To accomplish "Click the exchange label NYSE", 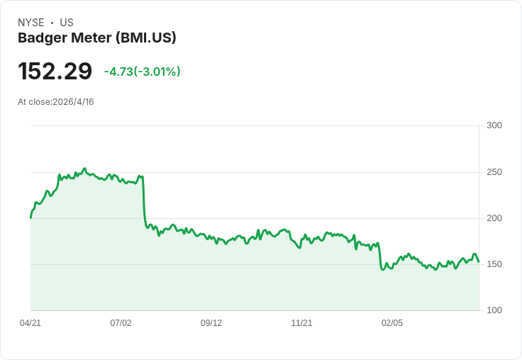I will pyautogui.click(x=31, y=23).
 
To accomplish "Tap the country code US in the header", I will pyautogui.click(x=67, y=23).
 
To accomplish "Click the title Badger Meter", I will pyautogui.click(x=63, y=38).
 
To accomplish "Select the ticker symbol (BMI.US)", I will pyautogui.click(x=145, y=38).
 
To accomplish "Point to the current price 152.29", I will pyautogui.click(x=55, y=72).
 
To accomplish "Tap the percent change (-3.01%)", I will pyautogui.click(x=158, y=72).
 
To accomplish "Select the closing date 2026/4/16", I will pyautogui.click(x=73, y=102).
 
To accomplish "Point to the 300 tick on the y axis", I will pyautogui.click(x=494, y=125).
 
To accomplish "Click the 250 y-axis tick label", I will pyautogui.click(x=494, y=172).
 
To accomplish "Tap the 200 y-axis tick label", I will pyautogui.click(x=494, y=218).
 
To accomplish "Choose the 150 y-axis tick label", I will pyautogui.click(x=494, y=264).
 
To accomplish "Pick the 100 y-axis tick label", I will pyautogui.click(x=494, y=310).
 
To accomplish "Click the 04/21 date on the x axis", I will pyautogui.click(x=30, y=323).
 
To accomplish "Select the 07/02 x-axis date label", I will pyautogui.click(x=121, y=323).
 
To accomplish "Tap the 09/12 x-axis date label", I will pyautogui.click(x=211, y=323).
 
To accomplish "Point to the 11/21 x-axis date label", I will pyautogui.click(x=301, y=323).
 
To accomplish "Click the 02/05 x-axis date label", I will pyautogui.click(x=392, y=323).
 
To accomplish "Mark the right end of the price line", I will pyautogui.click(x=479, y=261).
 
